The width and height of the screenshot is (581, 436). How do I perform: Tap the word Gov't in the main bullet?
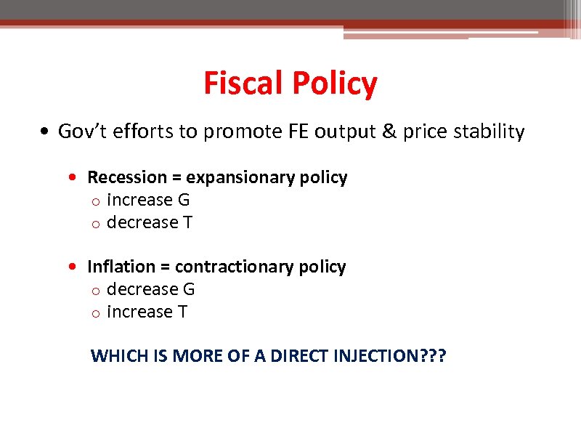[81, 132]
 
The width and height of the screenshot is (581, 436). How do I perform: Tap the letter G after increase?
[183, 200]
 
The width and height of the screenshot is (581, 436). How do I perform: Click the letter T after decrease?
[187, 222]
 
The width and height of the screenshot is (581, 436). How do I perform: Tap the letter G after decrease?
[189, 289]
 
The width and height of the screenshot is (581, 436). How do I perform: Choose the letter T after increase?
[182, 312]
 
